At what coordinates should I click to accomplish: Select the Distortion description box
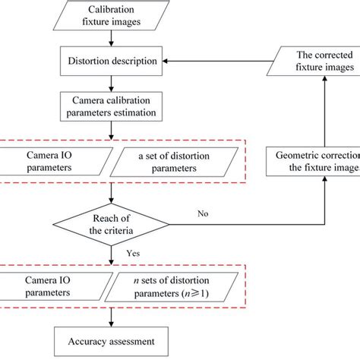113,59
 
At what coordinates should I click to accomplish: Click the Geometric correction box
313,161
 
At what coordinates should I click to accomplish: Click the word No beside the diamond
203,215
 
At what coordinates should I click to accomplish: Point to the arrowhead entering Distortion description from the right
171,59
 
